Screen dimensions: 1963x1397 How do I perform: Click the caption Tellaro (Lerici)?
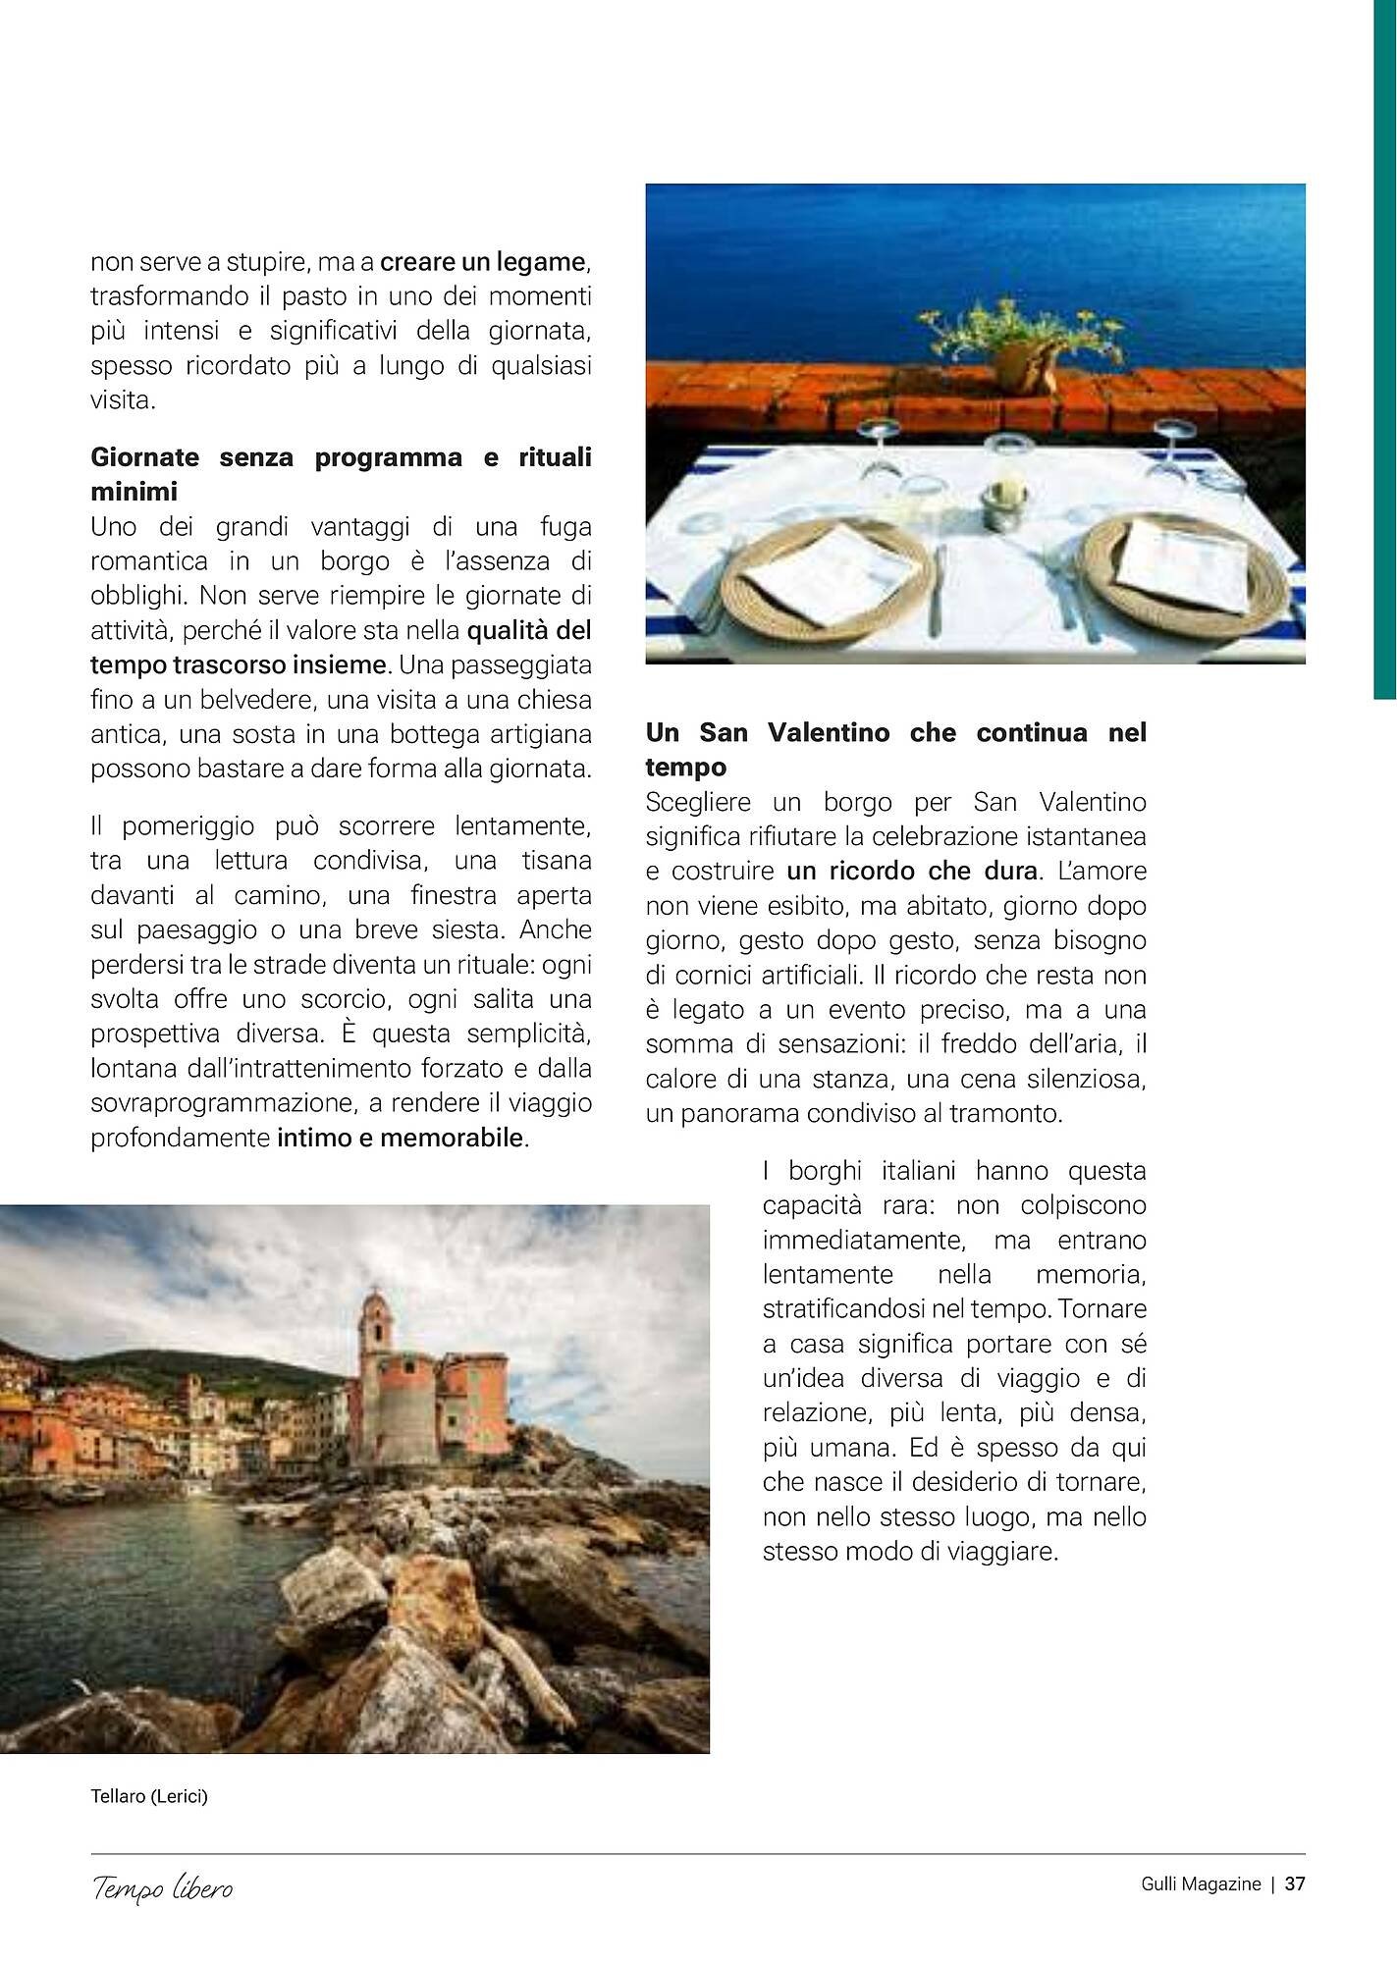[x=149, y=1796]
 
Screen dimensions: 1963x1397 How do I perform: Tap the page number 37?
[x=1295, y=1883]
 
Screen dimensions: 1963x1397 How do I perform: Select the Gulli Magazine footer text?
[x=1200, y=1883]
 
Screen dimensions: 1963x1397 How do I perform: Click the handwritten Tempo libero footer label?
[x=163, y=1887]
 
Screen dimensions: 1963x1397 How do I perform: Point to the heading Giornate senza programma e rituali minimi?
[x=341, y=474]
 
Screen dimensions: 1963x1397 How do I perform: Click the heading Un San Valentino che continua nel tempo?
[x=895, y=749]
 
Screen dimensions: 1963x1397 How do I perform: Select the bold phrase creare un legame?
[x=483, y=262]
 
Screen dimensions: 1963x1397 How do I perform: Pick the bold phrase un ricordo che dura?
[x=912, y=871]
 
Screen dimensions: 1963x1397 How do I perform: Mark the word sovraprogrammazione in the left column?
[x=223, y=1103]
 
